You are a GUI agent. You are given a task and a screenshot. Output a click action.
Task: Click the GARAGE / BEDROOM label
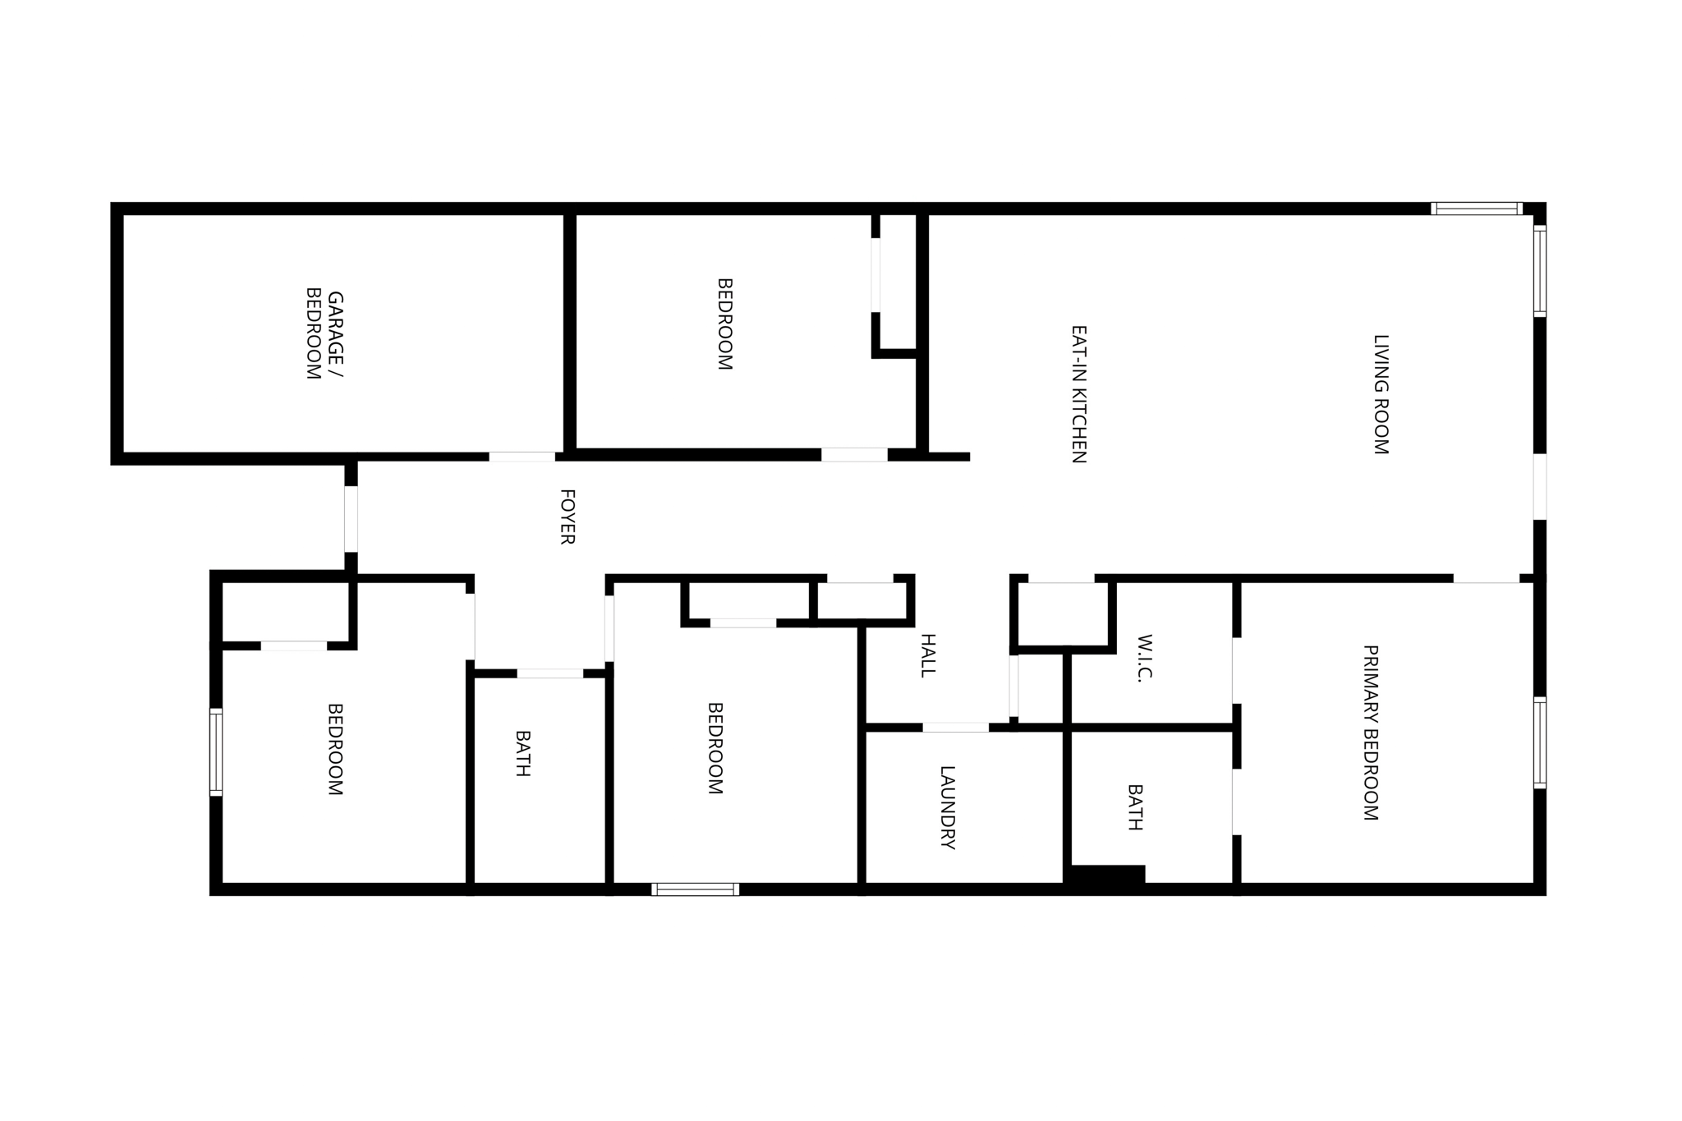click(x=324, y=334)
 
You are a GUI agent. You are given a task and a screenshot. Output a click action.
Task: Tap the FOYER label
click(x=567, y=517)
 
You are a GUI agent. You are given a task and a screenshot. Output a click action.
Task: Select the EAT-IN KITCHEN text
click(x=1079, y=394)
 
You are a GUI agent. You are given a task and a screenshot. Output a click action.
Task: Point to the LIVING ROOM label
click(x=1381, y=394)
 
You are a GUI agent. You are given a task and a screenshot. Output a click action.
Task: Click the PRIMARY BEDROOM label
click(x=1370, y=733)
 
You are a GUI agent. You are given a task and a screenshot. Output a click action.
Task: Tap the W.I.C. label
click(x=1146, y=658)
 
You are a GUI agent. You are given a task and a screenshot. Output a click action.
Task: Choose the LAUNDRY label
click(x=947, y=807)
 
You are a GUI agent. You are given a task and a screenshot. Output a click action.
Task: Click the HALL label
click(x=927, y=655)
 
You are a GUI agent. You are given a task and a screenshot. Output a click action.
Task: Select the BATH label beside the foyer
click(x=522, y=753)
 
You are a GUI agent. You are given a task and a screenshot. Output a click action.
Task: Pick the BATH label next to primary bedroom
click(x=1135, y=807)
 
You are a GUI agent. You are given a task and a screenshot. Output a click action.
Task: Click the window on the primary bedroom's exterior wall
click(x=1540, y=742)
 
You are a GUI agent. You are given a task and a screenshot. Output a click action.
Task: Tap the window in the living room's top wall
click(x=1476, y=209)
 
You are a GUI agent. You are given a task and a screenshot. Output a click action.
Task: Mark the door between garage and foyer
click(x=522, y=457)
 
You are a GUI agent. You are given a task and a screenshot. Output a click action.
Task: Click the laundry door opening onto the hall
click(x=955, y=728)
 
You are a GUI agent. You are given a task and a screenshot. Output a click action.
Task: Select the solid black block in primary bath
click(x=1107, y=875)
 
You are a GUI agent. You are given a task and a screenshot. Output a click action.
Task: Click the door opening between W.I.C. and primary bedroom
click(x=1236, y=670)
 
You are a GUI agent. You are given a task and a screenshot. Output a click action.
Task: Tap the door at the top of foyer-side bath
click(x=549, y=673)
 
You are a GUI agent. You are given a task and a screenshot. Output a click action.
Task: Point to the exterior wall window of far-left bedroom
click(x=216, y=752)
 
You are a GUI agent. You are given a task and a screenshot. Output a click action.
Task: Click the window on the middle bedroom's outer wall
click(x=695, y=889)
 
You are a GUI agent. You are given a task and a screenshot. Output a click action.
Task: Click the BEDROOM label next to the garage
click(x=724, y=324)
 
